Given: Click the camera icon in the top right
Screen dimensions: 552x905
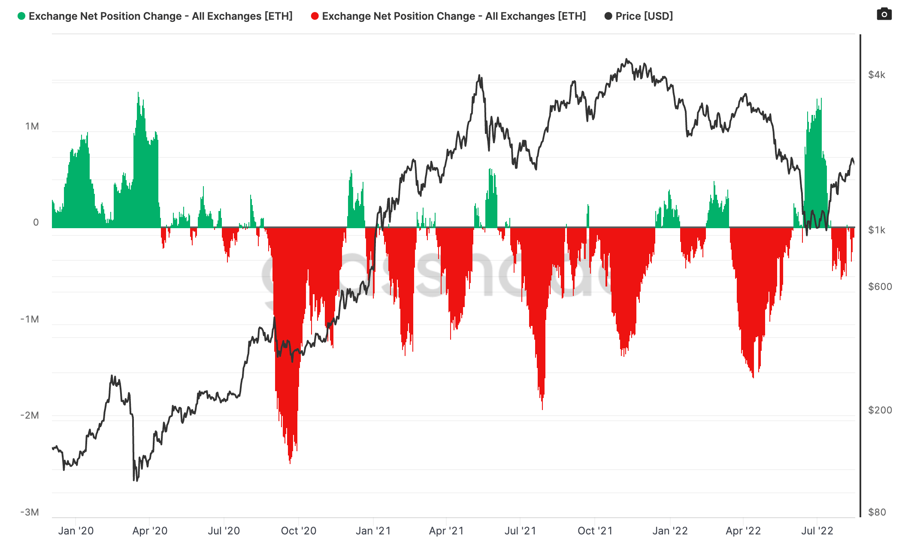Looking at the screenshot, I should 884,14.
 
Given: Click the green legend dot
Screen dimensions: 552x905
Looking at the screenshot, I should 21,16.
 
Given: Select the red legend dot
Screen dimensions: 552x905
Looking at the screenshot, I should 315,16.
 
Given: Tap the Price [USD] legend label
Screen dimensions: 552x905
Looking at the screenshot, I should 644,16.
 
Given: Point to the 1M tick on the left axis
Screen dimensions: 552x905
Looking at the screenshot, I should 32,127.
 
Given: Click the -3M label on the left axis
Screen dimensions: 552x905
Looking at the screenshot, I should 30,512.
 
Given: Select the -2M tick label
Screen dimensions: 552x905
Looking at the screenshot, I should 30,415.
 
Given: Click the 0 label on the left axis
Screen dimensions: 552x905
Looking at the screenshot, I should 36,222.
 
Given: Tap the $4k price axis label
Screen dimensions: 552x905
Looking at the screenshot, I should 876,75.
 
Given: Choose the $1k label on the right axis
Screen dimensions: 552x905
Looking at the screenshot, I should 876,230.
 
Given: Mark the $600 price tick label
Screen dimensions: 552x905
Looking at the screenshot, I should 880,287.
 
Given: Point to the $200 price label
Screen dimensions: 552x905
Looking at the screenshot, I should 880,410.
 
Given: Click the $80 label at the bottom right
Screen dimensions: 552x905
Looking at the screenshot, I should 877,512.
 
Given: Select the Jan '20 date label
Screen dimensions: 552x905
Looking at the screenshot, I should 76,531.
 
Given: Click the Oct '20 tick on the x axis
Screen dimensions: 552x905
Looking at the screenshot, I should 299,531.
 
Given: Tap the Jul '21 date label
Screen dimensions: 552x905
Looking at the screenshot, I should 521,531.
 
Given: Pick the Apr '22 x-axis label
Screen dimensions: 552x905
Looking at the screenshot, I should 743,531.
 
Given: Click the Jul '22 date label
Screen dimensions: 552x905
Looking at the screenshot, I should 817,531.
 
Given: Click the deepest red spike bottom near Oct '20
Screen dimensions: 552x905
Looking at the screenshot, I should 290,463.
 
